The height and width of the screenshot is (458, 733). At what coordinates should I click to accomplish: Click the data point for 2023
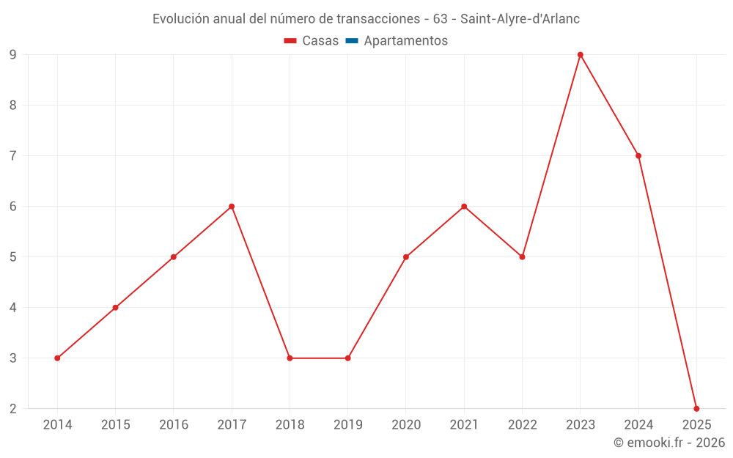pyautogui.click(x=580, y=55)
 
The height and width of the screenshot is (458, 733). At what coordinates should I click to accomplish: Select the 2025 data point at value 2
pyautogui.click(x=696, y=408)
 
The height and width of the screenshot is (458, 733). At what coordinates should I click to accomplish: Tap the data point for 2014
pyautogui.click(x=57, y=358)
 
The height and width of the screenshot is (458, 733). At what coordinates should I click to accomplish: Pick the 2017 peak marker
pyautogui.click(x=232, y=207)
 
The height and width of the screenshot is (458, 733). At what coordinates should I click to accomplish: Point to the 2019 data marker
pyautogui.click(x=347, y=358)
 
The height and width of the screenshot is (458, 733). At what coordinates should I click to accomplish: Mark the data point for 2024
pyautogui.click(x=638, y=156)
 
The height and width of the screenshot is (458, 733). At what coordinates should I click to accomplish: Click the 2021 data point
pyautogui.click(x=464, y=207)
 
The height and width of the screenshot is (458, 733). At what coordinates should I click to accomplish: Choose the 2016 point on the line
pyautogui.click(x=174, y=257)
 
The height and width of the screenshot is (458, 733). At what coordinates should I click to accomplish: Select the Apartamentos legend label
pyautogui.click(x=405, y=41)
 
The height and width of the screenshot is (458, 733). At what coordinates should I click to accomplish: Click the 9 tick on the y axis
pyautogui.click(x=13, y=55)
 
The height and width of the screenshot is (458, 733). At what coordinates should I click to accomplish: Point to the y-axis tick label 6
pyautogui.click(x=13, y=207)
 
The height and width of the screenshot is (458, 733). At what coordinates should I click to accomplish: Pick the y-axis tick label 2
pyautogui.click(x=13, y=409)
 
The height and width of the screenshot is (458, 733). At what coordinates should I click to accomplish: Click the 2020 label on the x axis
pyautogui.click(x=406, y=425)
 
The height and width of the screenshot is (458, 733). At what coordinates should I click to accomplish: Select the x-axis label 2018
pyautogui.click(x=290, y=425)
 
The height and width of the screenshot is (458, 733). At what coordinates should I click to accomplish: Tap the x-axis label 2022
pyautogui.click(x=522, y=425)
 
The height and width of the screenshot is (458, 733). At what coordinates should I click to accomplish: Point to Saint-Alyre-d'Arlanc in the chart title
pyautogui.click(x=520, y=19)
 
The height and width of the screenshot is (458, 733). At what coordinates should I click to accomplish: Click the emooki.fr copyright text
pyautogui.click(x=669, y=443)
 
